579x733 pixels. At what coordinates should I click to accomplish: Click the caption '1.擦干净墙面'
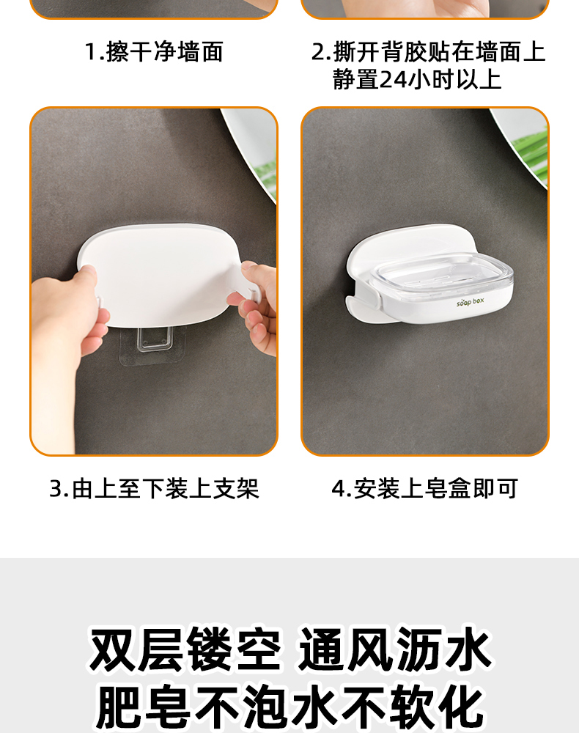coord(154,51)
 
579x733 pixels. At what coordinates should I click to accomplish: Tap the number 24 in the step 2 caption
coord(393,79)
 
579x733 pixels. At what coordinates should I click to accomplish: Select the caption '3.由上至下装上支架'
coord(154,488)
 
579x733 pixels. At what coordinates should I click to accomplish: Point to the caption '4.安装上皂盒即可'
coord(425,488)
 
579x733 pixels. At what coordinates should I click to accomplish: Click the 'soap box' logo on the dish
coord(470,302)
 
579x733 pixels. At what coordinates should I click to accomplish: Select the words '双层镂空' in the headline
coord(185,650)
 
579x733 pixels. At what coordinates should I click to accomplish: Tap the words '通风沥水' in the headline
coord(395,650)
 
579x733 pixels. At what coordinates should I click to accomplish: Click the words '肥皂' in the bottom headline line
coord(143,707)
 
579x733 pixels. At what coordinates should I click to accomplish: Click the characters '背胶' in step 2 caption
coord(404,51)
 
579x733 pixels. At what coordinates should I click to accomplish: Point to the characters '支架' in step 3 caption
coord(237,488)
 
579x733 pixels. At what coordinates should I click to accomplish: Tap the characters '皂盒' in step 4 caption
coord(448,488)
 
